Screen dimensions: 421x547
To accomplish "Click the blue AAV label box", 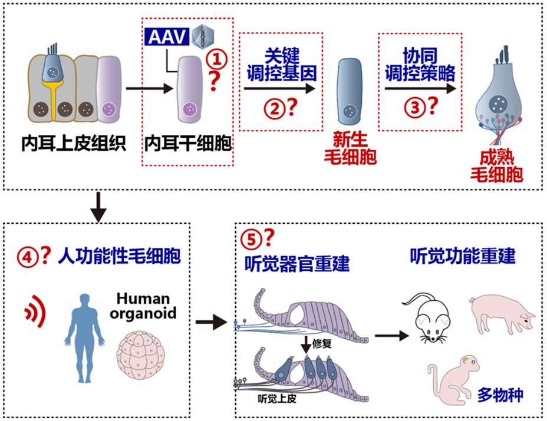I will coord(167,38).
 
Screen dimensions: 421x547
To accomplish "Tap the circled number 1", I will coord(219,58).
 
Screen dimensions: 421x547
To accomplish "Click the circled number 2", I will coord(273,108).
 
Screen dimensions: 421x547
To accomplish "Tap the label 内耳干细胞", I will coord(187,144).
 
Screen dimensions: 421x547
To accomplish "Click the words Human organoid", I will coord(143,306).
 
